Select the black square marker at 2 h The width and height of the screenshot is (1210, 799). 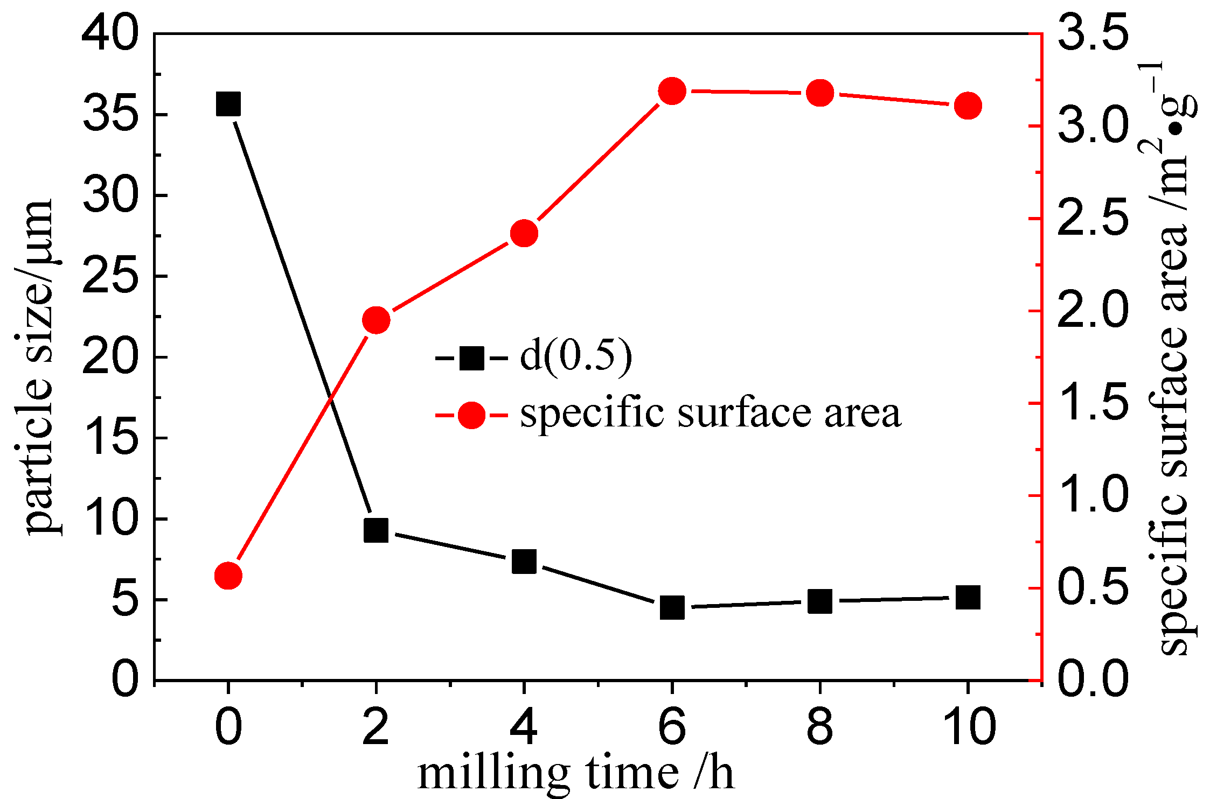(x=376, y=530)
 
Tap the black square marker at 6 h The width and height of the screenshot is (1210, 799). (x=672, y=607)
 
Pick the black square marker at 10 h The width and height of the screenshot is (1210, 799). (x=968, y=598)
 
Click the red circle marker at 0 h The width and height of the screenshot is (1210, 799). (x=228, y=576)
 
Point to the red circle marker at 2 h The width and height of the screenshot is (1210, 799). (x=376, y=320)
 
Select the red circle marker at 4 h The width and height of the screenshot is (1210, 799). (x=524, y=233)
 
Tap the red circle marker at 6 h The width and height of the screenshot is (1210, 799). (x=672, y=90)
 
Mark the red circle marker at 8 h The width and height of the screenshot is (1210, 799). (x=820, y=93)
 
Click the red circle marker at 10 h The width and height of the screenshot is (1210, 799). (x=968, y=106)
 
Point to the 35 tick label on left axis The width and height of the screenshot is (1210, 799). (x=110, y=115)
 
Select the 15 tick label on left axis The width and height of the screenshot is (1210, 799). (x=110, y=438)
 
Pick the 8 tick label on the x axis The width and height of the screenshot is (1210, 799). (x=820, y=727)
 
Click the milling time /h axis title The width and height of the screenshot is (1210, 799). (x=575, y=773)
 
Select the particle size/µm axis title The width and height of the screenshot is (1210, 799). (x=39, y=366)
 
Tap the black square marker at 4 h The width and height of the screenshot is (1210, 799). (x=524, y=562)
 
